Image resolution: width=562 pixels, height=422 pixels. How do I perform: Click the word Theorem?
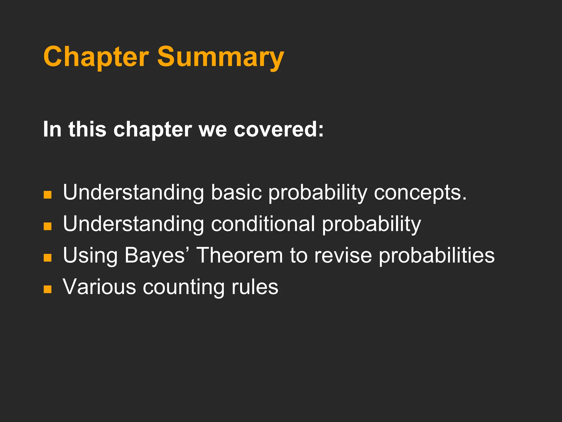pos(240,255)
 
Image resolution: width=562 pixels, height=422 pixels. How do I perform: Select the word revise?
pos(343,255)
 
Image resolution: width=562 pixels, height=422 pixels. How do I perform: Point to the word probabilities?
pos(437,255)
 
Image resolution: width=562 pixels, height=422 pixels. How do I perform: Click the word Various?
pos(99,287)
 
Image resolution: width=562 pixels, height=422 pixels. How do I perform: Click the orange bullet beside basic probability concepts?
pos(47,195)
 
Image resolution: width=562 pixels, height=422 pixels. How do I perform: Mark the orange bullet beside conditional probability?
pos(47,226)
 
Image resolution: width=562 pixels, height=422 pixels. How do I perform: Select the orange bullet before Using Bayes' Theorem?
pos(47,258)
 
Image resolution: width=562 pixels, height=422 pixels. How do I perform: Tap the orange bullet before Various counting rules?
pos(47,289)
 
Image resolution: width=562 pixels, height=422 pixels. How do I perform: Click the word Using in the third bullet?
pos(90,255)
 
